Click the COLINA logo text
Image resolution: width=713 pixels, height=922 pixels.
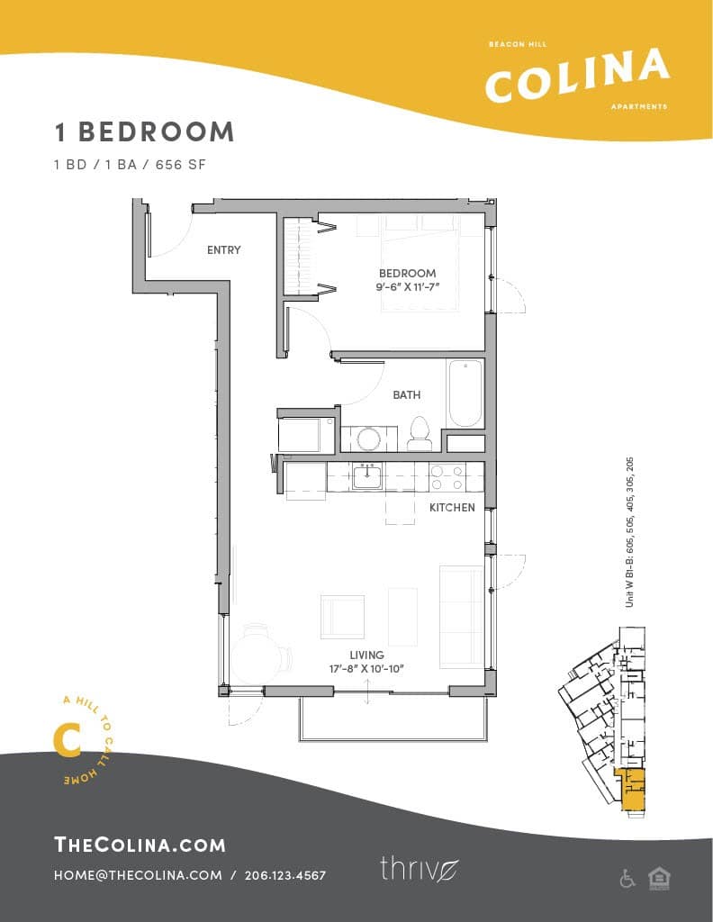(577, 75)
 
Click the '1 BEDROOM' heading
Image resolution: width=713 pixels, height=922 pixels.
(144, 131)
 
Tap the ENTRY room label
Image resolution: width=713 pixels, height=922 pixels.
(223, 249)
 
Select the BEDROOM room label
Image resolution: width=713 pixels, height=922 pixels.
(407, 273)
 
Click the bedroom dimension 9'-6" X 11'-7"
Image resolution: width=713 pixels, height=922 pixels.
(407, 287)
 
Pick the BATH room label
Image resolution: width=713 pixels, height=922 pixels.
(406, 394)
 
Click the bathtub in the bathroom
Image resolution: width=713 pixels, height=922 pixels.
(465, 393)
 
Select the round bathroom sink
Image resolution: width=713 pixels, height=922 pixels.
(368, 438)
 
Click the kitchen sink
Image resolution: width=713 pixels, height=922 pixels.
(366, 476)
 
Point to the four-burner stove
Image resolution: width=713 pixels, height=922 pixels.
(447, 476)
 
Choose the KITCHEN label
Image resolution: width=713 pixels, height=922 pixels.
(452, 508)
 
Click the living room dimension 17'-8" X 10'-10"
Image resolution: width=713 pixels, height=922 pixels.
(367, 668)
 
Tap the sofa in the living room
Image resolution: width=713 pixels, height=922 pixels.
(461, 616)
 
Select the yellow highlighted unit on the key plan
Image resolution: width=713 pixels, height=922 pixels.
(634, 789)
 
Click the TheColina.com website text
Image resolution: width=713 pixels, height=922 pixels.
(140, 845)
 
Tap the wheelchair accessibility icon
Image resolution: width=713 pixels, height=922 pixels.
(627, 879)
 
